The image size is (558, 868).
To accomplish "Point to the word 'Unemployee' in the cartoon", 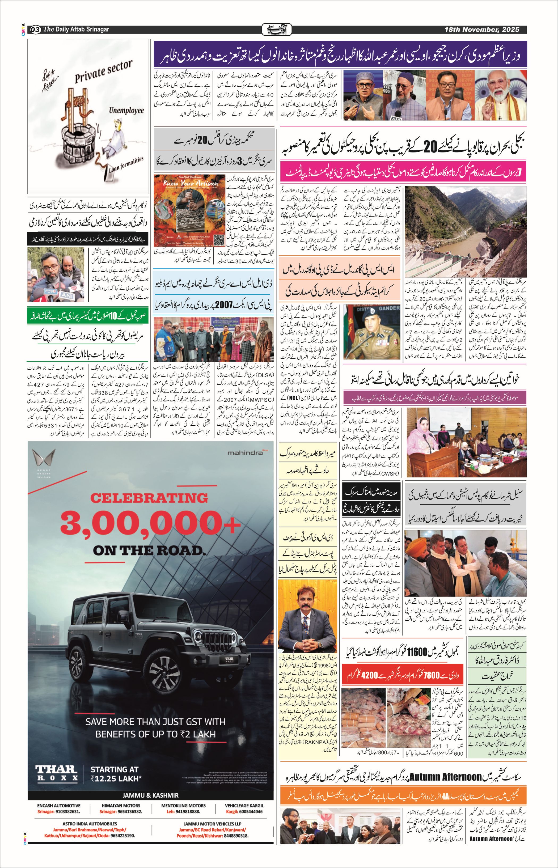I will [x=126, y=110].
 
